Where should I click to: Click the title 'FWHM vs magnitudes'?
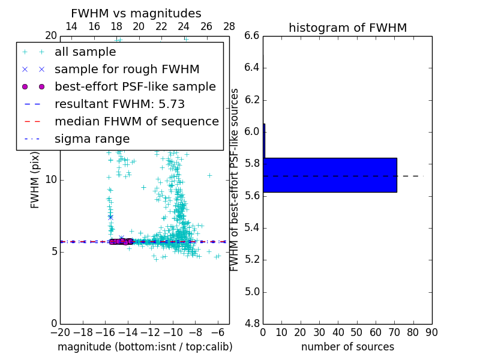pos(136,13)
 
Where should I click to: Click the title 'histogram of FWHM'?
pos(347,28)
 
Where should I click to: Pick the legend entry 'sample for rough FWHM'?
pos(127,70)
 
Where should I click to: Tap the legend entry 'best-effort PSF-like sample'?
pos(135,87)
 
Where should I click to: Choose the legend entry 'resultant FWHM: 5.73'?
pos(119,104)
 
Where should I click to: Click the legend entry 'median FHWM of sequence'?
pos(136,122)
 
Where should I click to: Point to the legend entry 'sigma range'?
pos(92,139)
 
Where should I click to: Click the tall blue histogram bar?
pos(330,175)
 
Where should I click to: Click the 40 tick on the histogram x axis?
pos(338,332)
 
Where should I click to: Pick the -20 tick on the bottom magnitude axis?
pos(60,332)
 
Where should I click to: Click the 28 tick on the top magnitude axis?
pos(229,26)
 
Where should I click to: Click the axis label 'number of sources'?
pos(347,347)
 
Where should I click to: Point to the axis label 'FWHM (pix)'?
pos(35,180)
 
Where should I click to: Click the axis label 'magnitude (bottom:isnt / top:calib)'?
pos(145,347)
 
